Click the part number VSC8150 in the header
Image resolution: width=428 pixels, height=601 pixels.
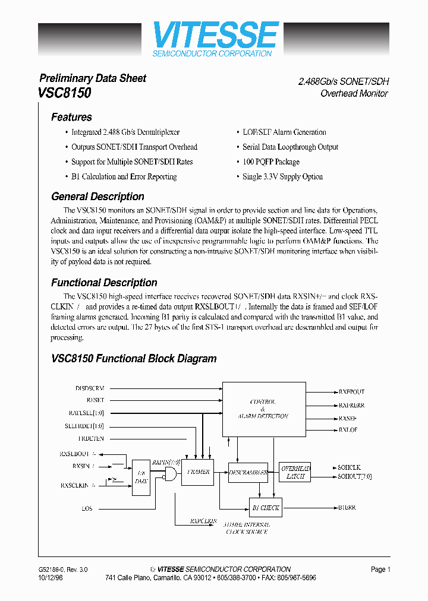(65, 93)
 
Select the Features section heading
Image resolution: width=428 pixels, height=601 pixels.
(71, 117)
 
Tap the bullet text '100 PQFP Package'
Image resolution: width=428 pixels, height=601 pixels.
(270, 162)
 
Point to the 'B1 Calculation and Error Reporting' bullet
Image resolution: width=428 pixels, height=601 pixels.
(124, 176)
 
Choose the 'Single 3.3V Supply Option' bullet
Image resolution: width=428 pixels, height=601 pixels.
(282, 176)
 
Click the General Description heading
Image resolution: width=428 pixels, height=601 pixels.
(97, 197)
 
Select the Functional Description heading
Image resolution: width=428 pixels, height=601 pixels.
(104, 283)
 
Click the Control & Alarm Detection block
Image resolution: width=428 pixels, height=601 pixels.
(262, 409)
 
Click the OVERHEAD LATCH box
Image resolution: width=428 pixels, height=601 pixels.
(295, 472)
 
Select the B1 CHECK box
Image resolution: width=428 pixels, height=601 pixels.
(265, 508)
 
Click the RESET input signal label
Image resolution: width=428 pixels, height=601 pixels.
(95, 400)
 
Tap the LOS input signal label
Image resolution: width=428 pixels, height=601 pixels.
(87, 508)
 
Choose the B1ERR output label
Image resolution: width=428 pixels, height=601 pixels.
(348, 508)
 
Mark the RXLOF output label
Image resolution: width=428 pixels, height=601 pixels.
(348, 429)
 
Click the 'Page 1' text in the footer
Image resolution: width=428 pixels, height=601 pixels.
(380, 569)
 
